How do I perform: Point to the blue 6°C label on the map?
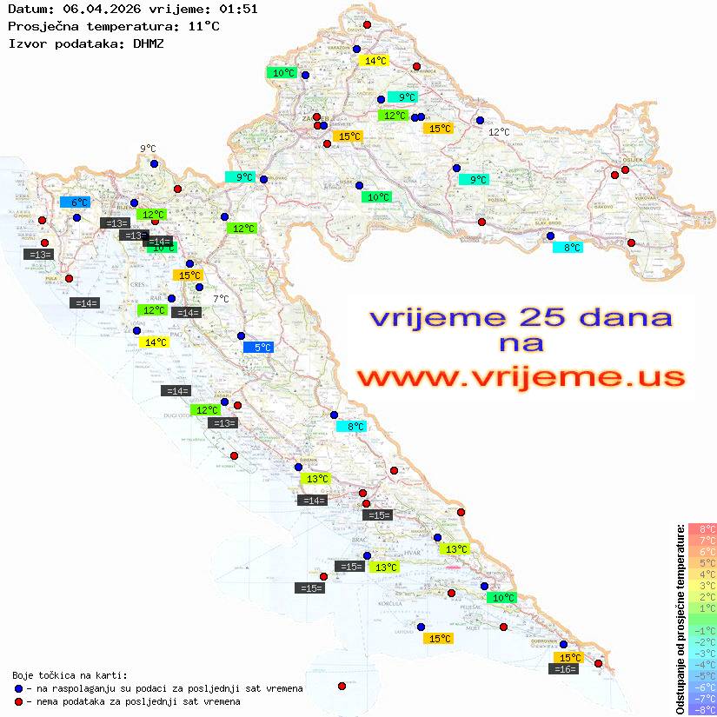click(75, 202)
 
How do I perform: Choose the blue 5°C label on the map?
click(258, 348)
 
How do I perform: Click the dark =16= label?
click(564, 669)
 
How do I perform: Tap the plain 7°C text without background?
click(221, 299)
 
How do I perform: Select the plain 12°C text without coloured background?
click(499, 132)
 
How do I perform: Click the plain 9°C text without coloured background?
click(148, 149)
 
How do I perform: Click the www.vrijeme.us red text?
click(521, 377)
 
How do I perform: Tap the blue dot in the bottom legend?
click(19, 688)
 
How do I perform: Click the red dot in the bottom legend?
click(19, 701)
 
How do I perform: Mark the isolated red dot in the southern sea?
click(342, 686)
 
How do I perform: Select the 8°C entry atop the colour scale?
click(702, 528)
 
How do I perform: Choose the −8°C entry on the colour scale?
click(702, 709)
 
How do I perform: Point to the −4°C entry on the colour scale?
click(702, 664)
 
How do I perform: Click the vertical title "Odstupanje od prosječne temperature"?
click(680, 620)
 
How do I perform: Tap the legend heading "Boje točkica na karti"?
click(70, 675)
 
